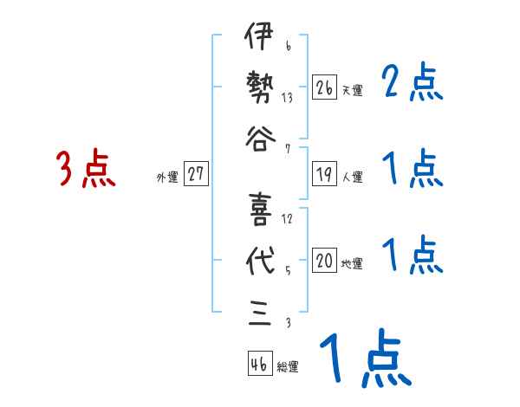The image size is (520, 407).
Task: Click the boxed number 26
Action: coord(324,87)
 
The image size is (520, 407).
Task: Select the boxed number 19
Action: coord(324,173)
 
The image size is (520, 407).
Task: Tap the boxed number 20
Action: coord(324,261)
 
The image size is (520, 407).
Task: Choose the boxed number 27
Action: coord(196,173)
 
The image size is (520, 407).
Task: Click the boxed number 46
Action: coord(257,364)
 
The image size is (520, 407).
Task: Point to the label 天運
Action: coord(352,90)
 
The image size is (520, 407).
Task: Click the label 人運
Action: coord(352,177)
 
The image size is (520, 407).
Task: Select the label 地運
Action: coord(352,264)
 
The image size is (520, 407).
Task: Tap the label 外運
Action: coord(166,177)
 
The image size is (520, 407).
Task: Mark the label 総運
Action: coord(287,367)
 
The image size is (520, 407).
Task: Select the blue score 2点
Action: coord(413,83)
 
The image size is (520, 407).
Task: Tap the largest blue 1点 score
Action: coord(364,359)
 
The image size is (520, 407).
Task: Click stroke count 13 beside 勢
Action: coord(287,98)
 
